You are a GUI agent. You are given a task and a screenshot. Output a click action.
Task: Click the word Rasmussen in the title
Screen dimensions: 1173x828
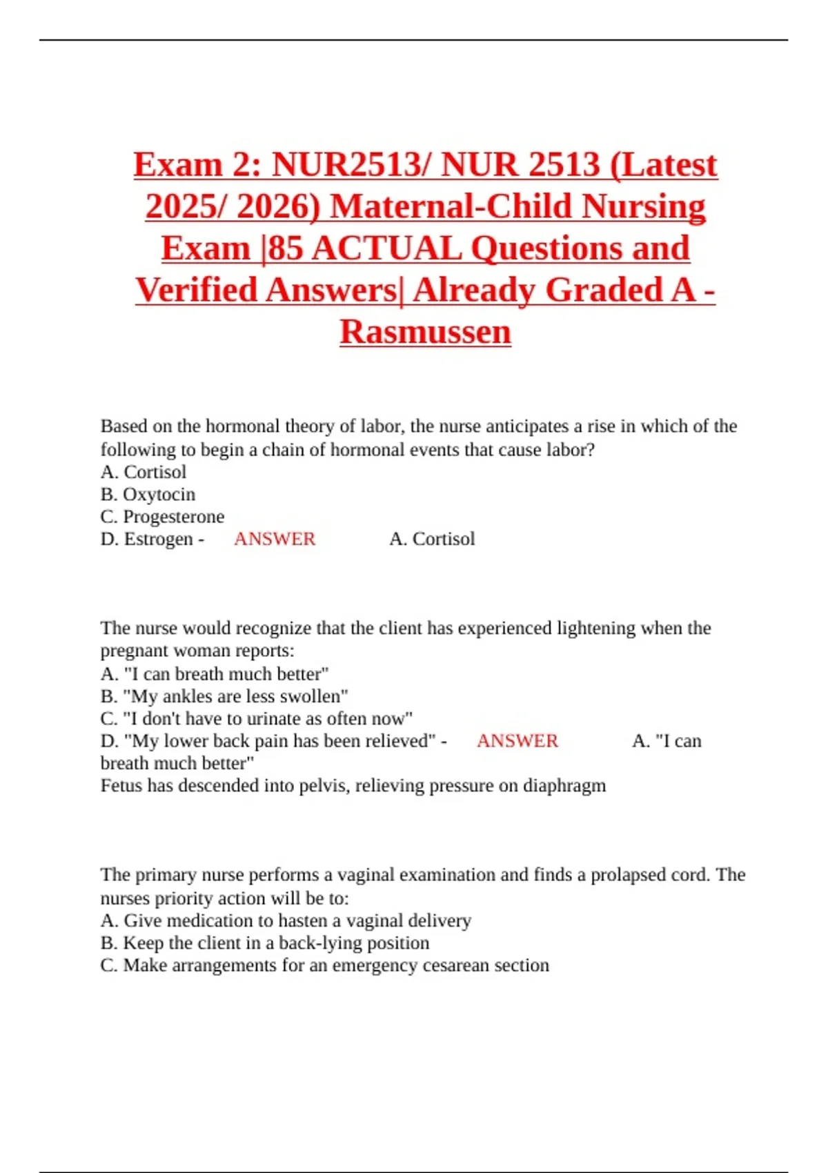425,331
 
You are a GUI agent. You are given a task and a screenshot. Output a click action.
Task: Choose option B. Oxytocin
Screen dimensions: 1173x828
148,494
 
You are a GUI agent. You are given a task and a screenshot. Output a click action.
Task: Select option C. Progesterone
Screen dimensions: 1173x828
162,517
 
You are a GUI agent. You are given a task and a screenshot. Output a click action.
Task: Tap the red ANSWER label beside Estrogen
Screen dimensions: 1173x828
275,539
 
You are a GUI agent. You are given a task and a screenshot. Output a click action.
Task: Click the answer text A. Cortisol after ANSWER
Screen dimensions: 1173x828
432,539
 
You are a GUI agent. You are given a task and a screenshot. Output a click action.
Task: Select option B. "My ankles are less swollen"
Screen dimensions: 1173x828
224,696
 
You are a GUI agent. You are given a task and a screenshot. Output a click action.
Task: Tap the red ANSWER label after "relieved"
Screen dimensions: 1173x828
517,741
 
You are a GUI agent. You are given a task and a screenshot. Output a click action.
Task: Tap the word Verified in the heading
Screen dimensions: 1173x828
197,290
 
